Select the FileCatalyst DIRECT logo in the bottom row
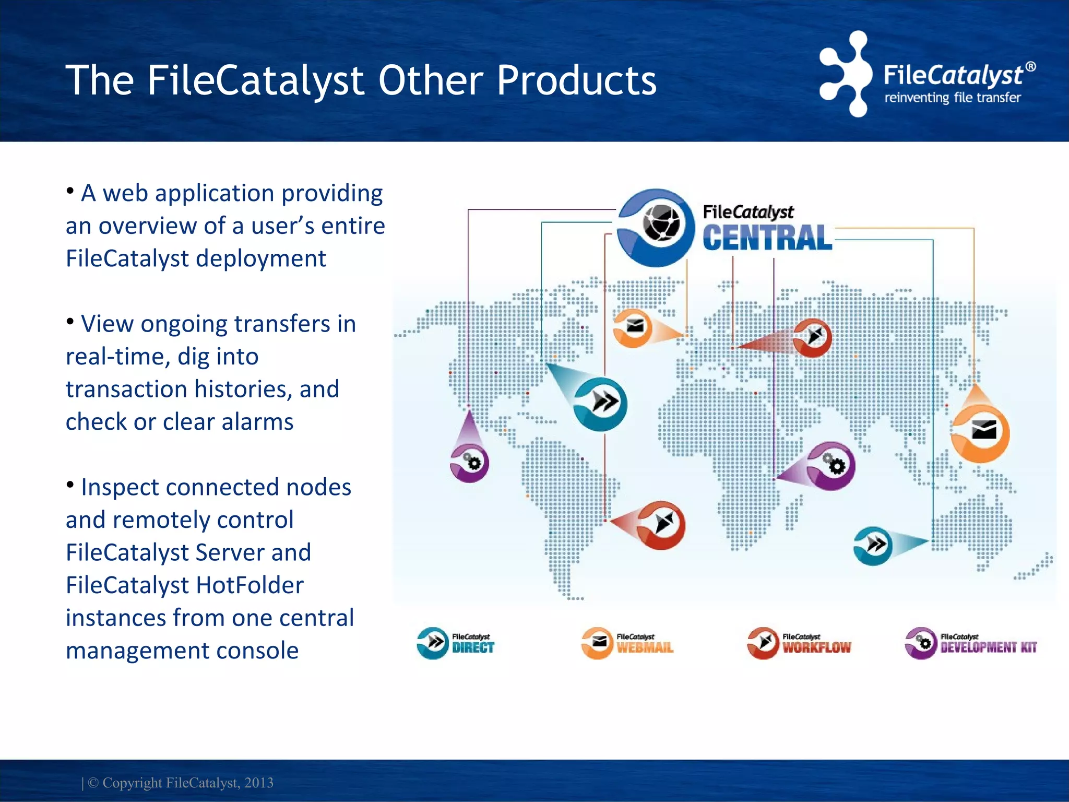456,643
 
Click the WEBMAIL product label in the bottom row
645,647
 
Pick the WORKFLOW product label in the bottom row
816,647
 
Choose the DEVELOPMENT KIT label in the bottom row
988,647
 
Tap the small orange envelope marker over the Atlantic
633,328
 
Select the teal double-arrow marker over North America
601,404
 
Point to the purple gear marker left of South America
470,463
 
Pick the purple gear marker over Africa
832,466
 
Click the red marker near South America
661,525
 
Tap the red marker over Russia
812,337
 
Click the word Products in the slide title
576,80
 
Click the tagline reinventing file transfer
952,98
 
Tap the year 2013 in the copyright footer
259,783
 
